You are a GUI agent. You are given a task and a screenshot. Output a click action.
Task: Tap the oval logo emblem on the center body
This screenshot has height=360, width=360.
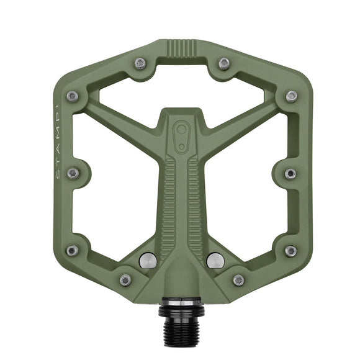coord(182,136)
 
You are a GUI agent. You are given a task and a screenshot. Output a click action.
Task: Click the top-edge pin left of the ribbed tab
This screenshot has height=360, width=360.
coord(140,63)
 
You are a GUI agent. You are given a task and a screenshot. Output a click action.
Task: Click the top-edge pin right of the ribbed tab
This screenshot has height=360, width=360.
coord(224,63)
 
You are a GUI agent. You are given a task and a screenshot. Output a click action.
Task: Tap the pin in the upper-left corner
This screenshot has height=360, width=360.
coord(73,96)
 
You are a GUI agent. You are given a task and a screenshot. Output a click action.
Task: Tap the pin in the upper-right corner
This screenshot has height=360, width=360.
coord(290,96)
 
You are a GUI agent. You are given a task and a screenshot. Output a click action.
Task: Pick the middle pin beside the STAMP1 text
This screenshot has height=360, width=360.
coord(73,173)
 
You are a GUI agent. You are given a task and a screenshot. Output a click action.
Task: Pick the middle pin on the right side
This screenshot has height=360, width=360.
coord(290,173)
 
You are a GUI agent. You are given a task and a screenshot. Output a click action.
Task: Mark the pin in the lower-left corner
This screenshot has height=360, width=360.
coord(73,250)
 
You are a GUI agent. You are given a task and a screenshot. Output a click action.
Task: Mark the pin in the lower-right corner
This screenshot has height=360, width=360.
coord(290,250)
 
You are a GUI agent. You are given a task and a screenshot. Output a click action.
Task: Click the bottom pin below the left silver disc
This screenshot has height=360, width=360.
coord(125,280)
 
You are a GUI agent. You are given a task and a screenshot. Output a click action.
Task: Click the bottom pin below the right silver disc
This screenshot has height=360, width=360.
coord(238,280)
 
